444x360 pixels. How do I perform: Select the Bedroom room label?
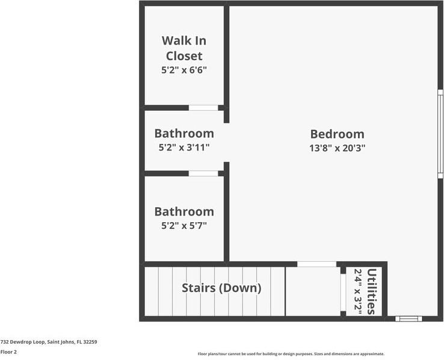(337, 134)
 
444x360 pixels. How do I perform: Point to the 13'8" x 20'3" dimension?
(337, 147)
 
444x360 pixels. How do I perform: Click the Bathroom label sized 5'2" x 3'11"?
(184, 133)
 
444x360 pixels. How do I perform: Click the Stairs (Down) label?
(221, 288)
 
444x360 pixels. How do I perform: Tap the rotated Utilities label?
(372, 291)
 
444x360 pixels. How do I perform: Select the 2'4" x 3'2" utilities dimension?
(359, 291)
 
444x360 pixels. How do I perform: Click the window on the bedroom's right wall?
(440, 134)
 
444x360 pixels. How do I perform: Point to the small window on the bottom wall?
(409, 318)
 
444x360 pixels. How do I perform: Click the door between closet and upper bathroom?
(203, 108)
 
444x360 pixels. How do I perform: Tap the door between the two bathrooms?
(203, 173)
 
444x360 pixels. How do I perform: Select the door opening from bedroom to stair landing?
(317, 264)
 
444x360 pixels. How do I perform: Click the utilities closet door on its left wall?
(342, 291)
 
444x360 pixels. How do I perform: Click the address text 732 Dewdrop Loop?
(49, 341)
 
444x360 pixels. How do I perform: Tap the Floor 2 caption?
(8, 352)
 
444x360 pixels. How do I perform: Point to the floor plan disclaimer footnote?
(291, 354)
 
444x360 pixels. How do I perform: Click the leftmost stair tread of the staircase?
(151, 291)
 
